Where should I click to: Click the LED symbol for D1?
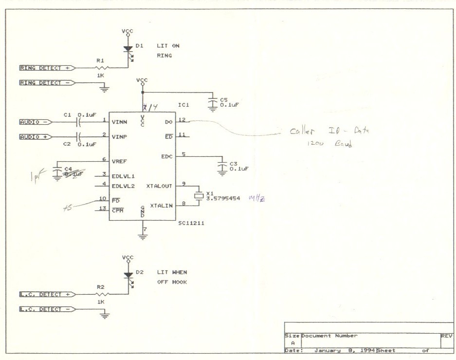[x=128, y=49]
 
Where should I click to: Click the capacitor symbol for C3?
[x=222, y=165]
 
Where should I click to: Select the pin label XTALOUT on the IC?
[x=159, y=186]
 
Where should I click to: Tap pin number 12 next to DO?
[x=182, y=119]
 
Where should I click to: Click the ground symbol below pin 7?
[x=143, y=237]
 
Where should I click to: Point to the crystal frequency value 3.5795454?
[x=223, y=199]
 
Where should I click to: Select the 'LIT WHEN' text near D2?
[x=172, y=272]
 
